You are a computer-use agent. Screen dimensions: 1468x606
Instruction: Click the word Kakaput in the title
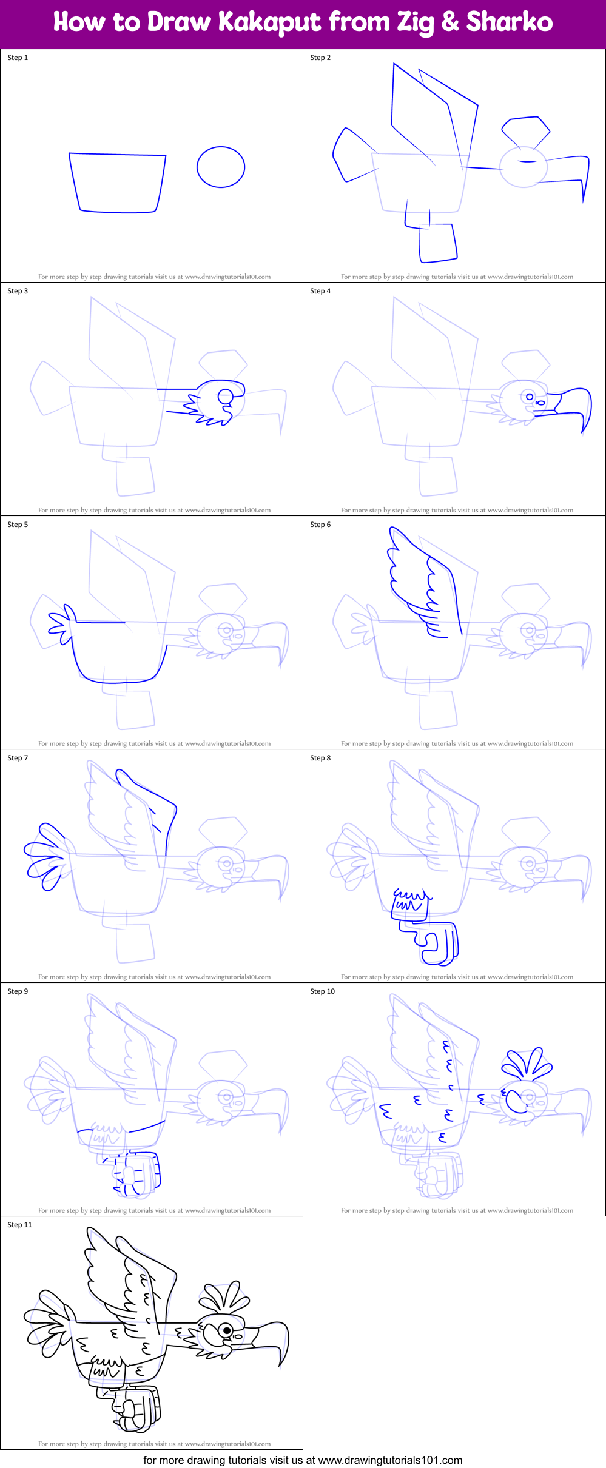tap(270, 22)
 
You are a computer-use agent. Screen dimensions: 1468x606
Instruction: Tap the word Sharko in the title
tap(509, 22)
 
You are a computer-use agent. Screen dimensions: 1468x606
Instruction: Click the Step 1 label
tap(18, 58)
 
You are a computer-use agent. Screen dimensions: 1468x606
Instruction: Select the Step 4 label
tap(320, 291)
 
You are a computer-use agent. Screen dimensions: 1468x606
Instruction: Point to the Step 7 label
tap(18, 758)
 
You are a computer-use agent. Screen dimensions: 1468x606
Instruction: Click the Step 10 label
tap(322, 991)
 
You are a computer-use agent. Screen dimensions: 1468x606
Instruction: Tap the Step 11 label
tap(19, 1225)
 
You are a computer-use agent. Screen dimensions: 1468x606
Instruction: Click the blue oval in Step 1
tap(221, 167)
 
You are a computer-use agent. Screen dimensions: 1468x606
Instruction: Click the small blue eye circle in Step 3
tap(225, 397)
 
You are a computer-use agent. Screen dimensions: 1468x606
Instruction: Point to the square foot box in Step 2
tap(437, 243)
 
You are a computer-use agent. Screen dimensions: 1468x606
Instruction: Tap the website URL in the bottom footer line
tap(390, 1460)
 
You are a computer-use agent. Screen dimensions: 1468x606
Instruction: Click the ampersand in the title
tap(449, 22)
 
